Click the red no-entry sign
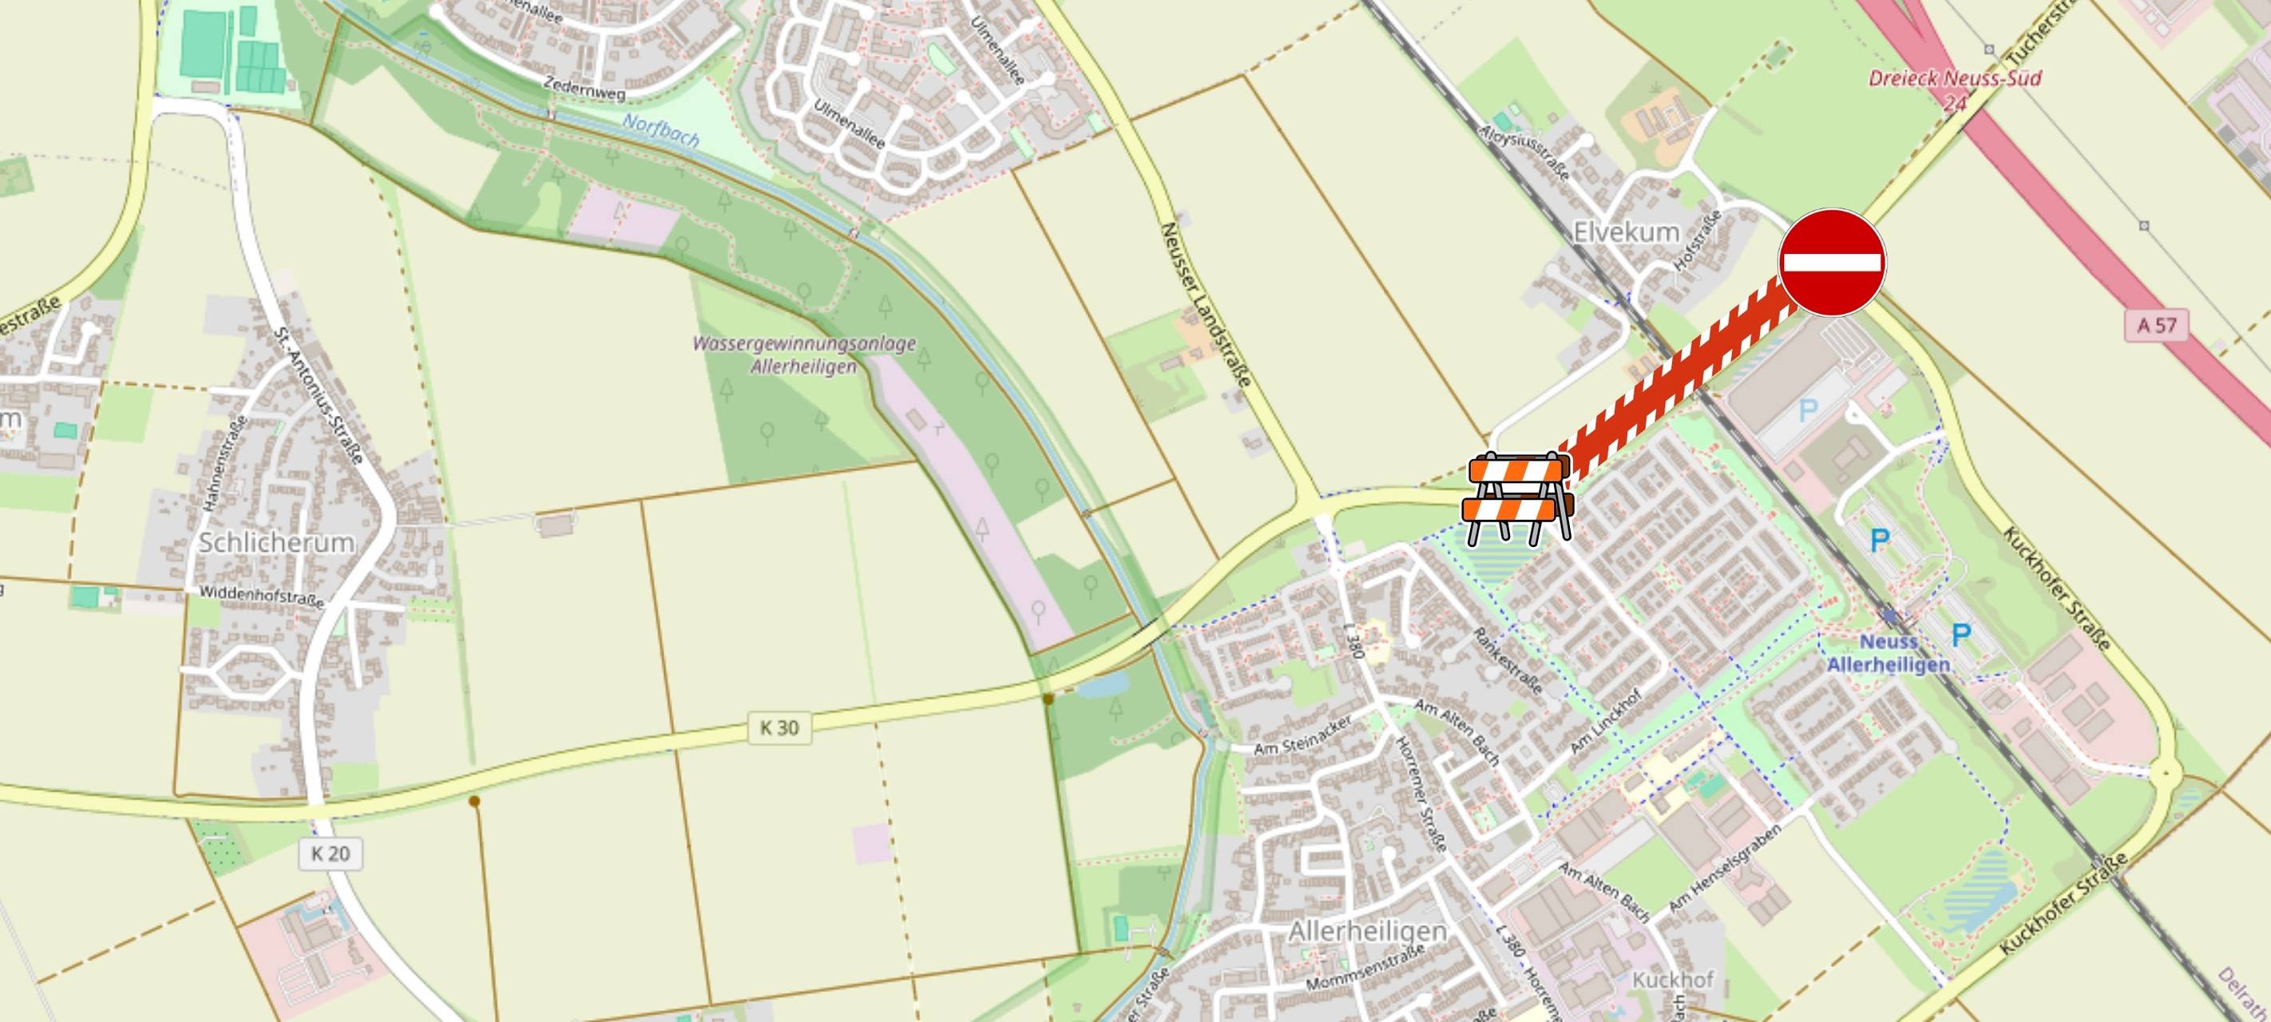click(x=1832, y=262)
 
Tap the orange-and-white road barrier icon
click(x=1516, y=498)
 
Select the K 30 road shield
click(x=779, y=727)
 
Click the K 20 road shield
click(x=331, y=854)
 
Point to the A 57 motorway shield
click(x=2156, y=326)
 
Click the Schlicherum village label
click(x=276, y=542)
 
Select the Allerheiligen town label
click(x=1366, y=931)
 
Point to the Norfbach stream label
click(x=660, y=130)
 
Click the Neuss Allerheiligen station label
click(x=1888, y=653)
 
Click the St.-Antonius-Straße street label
click(x=319, y=396)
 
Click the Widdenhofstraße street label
click(x=262, y=596)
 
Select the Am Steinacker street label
click(x=1303, y=735)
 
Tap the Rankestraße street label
click(x=1507, y=660)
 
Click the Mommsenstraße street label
click(x=1365, y=969)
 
